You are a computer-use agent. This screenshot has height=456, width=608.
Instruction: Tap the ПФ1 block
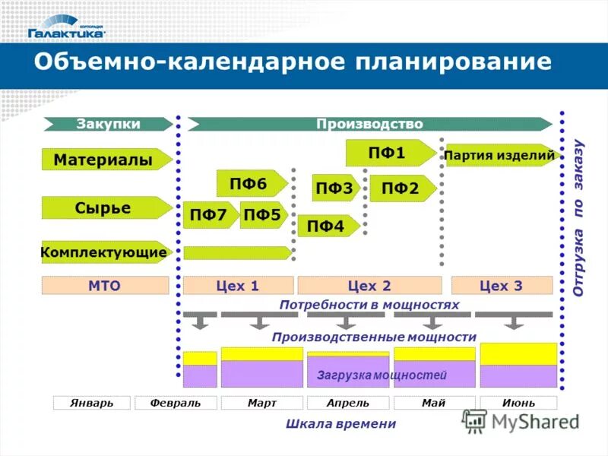(389, 153)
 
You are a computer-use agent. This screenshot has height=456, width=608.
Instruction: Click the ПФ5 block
(262, 215)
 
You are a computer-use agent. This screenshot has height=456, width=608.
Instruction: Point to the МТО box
(105, 286)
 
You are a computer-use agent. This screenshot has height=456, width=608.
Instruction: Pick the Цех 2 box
(369, 286)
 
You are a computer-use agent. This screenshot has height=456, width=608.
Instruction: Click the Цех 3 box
(502, 286)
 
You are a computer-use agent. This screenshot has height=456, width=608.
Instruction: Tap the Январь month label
(92, 403)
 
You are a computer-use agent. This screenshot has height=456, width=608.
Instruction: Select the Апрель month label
(348, 403)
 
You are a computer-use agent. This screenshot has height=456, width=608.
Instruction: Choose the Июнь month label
(518, 403)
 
